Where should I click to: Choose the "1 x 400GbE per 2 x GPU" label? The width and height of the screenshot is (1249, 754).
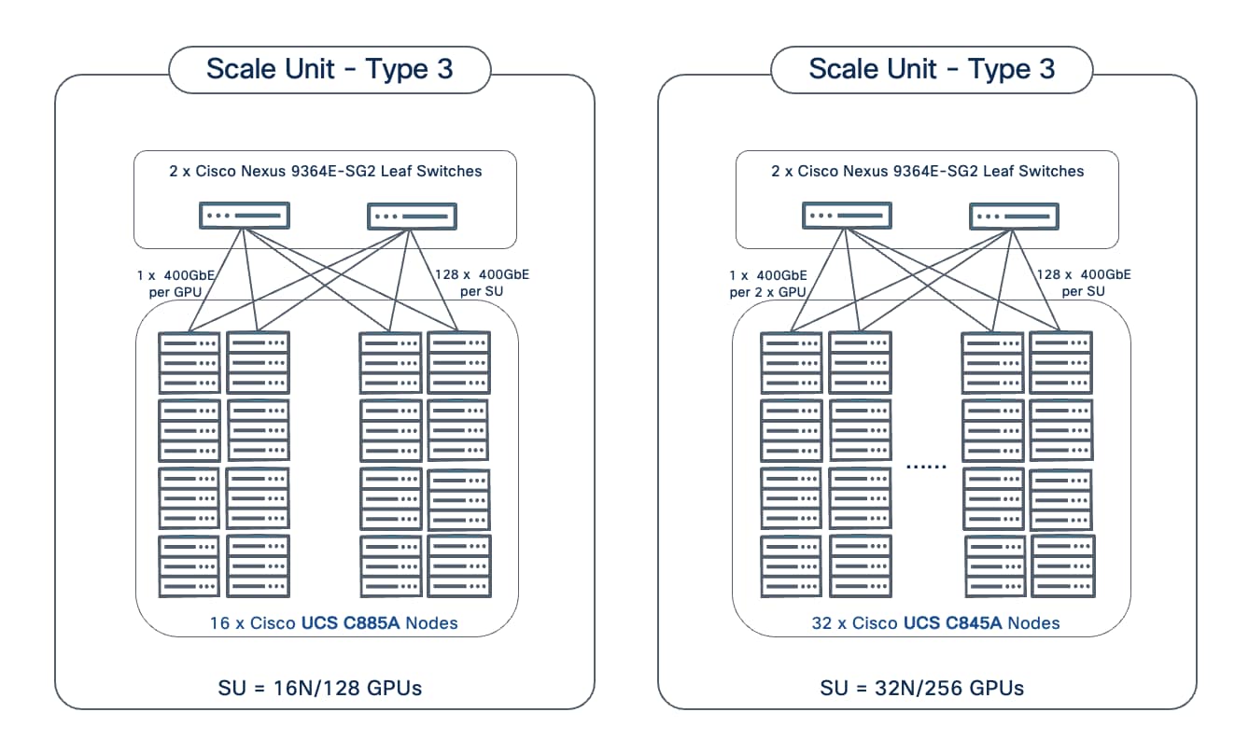(x=768, y=283)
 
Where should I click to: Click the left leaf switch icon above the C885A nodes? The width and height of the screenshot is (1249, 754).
(x=245, y=216)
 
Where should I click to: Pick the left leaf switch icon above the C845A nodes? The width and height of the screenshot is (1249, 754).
(x=847, y=216)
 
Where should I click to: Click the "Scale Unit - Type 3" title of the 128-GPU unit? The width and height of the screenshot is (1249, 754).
(x=330, y=69)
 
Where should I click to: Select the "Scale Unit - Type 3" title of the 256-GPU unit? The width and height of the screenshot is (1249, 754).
(x=932, y=69)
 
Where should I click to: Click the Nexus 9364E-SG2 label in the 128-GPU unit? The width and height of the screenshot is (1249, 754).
(x=326, y=171)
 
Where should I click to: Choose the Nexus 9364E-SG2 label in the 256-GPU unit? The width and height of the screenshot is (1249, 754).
(x=928, y=171)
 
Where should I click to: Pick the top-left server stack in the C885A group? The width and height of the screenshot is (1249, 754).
(x=189, y=362)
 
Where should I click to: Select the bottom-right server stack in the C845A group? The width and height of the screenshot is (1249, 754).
(x=1063, y=565)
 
